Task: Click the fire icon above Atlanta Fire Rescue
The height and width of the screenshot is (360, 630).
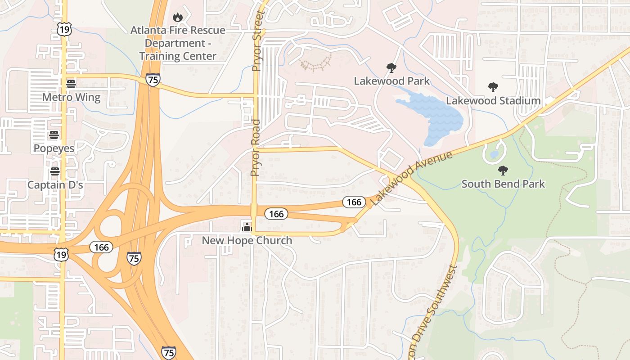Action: (x=178, y=17)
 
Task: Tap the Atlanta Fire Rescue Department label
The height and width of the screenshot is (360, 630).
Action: (x=178, y=43)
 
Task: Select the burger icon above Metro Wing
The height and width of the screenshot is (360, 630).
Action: (x=71, y=84)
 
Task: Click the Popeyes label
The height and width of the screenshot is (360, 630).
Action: (x=54, y=148)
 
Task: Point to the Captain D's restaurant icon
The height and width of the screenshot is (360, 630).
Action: (x=55, y=171)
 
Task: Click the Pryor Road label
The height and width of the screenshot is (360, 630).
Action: (x=256, y=148)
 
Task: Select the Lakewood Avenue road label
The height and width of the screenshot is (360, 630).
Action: (x=412, y=176)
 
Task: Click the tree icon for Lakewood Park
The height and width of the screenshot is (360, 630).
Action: (x=391, y=68)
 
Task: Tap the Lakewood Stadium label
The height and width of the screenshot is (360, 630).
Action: (x=493, y=100)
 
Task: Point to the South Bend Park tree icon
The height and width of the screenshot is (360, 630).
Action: (x=503, y=171)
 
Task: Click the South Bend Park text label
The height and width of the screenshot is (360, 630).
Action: (x=503, y=184)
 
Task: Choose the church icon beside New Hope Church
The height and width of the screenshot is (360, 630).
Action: (x=246, y=226)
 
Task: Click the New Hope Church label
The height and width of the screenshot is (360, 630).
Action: (x=247, y=240)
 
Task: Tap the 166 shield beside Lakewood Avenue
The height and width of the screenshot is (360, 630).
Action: (x=354, y=202)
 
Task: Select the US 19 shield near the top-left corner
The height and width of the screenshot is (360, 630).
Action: (x=63, y=30)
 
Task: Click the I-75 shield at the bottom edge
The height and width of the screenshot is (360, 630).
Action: (x=169, y=352)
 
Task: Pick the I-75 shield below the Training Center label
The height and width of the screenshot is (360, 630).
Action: (x=153, y=80)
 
